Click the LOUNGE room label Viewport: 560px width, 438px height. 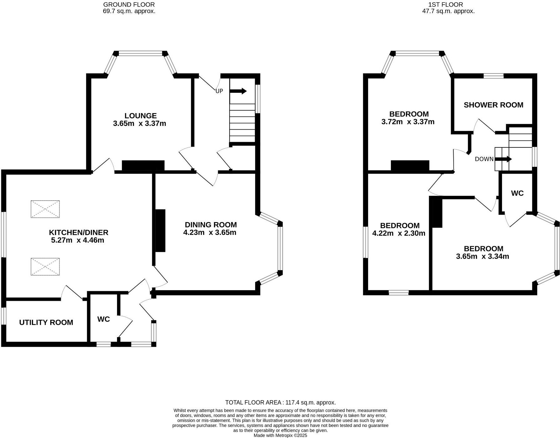click(x=140, y=116)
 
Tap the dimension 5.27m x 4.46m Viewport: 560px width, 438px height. click(x=77, y=240)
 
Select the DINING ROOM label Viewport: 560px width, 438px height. click(x=211, y=225)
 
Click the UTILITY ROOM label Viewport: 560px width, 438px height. click(x=46, y=322)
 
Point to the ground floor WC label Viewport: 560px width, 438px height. click(x=104, y=319)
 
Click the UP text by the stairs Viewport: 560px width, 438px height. click(x=219, y=91)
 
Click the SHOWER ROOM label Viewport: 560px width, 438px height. click(x=493, y=105)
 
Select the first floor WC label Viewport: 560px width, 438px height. click(x=517, y=193)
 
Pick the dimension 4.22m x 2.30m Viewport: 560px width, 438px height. click(x=399, y=233)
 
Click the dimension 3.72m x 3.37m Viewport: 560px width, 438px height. click(x=408, y=122)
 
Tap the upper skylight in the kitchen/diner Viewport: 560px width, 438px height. click(x=45, y=209)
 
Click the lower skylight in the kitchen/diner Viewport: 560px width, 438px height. click(x=45, y=266)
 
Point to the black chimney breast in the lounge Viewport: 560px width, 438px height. click(x=143, y=166)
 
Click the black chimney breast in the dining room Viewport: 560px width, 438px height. click(x=160, y=230)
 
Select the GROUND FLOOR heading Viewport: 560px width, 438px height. click(x=129, y=5)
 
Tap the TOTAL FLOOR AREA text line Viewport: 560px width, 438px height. click(x=280, y=402)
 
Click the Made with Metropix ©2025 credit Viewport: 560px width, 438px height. click(x=280, y=435)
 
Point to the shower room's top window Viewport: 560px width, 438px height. click(x=493, y=76)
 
